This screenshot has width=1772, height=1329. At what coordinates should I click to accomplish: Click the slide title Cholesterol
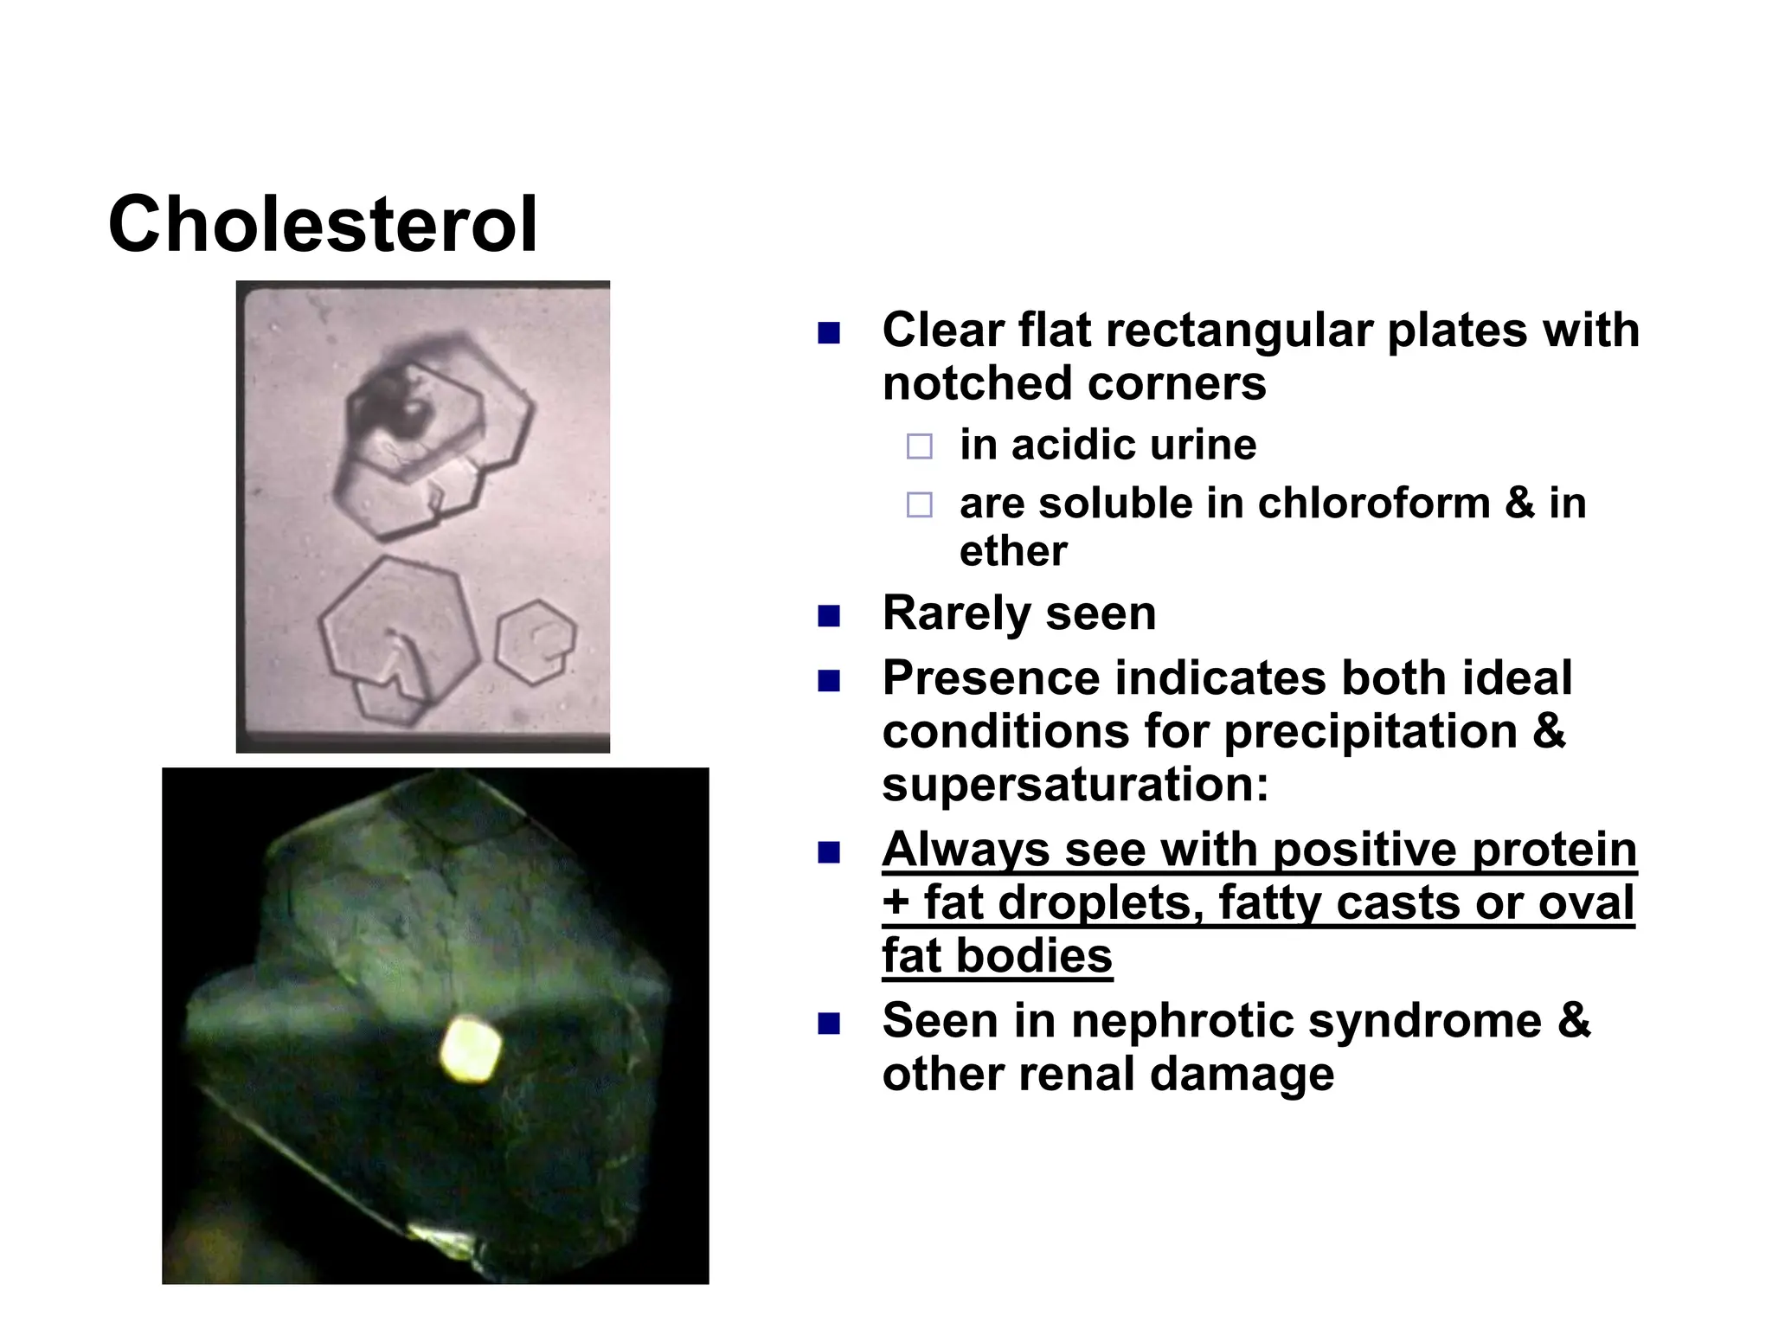point(323,225)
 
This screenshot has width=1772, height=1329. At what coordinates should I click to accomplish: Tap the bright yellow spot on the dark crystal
point(470,1050)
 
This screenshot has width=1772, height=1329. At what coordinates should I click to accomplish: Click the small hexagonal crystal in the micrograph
point(536,642)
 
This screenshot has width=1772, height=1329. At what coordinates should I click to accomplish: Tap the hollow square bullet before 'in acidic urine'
point(919,447)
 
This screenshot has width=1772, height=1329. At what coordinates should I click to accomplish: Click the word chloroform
point(1373,504)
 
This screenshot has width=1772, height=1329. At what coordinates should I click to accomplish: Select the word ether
point(1013,552)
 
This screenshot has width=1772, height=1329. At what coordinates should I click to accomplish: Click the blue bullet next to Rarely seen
point(829,616)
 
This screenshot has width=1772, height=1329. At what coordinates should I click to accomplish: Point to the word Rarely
point(956,613)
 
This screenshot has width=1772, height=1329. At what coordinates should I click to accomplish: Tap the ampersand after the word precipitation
point(1549,732)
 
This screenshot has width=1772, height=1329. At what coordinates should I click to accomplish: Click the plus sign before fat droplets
point(896,904)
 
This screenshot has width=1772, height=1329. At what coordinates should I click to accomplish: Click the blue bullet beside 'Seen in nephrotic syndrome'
point(829,1024)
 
